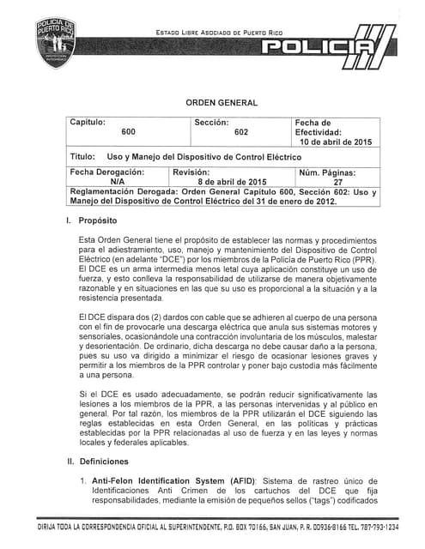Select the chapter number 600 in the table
(x=128, y=133)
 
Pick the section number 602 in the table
(x=241, y=133)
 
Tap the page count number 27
(x=337, y=182)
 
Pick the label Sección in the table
(x=211, y=123)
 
